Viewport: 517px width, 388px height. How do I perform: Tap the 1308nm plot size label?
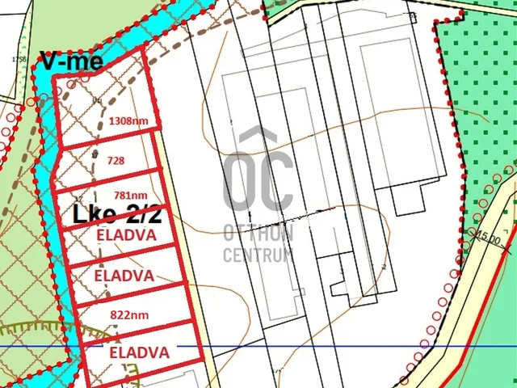[128, 121]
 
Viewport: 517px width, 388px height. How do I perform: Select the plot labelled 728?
[116, 161]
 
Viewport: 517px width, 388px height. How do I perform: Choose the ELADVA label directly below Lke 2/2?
[125, 234]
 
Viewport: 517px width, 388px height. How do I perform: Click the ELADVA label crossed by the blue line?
[139, 352]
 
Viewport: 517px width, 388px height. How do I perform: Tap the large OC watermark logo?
[258, 174]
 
